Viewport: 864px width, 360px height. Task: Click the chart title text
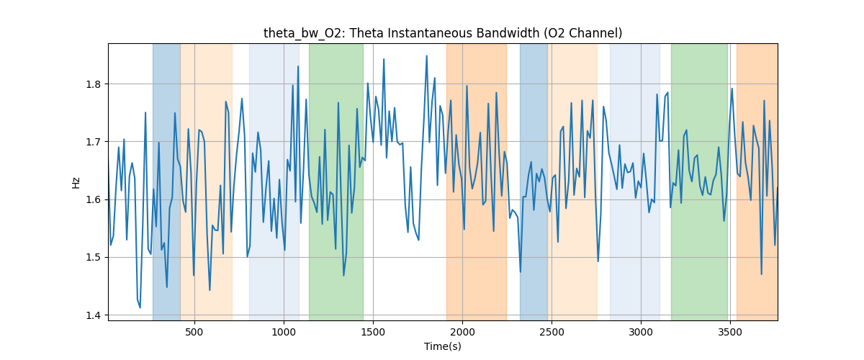coord(443,33)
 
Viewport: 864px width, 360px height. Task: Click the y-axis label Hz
coord(76,182)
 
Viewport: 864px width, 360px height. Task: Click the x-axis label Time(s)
coord(443,346)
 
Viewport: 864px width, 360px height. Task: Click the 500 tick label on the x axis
coord(194,332)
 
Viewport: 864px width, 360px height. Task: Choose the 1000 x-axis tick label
coord(284,332)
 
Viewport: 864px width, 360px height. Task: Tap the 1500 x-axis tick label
coord(373,332)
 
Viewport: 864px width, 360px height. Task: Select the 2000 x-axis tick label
coord(462,332)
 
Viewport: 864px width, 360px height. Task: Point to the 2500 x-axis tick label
coord(552,332)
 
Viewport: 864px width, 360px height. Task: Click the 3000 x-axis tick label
coord(641,332)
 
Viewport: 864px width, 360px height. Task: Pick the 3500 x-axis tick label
coord(730,332)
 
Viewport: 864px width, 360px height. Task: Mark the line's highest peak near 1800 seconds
coord(426,56)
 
